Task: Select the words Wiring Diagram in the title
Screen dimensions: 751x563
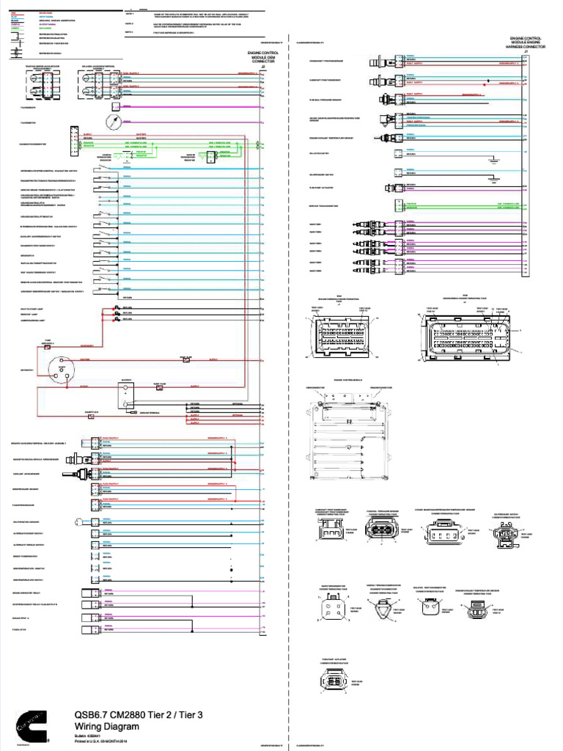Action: [100, 726]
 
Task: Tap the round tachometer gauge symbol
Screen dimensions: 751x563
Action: [112, 120]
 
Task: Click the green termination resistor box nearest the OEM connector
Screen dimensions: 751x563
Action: [211, 156]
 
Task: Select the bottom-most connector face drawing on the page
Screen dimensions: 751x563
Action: [331, 682]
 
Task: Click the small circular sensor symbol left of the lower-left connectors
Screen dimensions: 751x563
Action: [77, 521]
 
